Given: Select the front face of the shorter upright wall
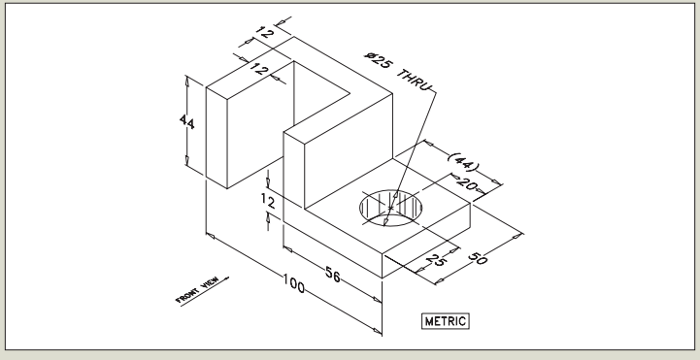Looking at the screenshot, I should click(x=296, y=170).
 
